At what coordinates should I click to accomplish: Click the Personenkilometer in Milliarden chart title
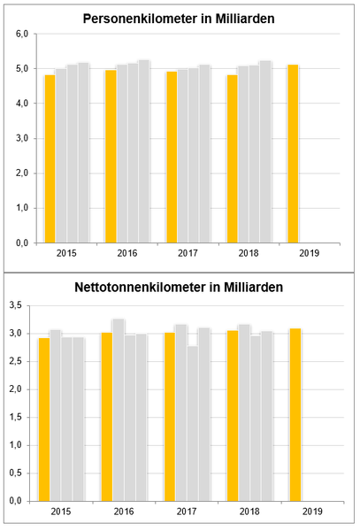coord(179,19)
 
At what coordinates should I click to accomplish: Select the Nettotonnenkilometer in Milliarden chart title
coord(179,287)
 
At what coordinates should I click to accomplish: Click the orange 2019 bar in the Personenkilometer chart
coord(293,154)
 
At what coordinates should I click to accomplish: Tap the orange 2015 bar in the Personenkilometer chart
coord(50,158)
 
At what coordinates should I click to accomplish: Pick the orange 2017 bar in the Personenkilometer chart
coord(172,158)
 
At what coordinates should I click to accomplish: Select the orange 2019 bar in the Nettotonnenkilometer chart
coord(295,415)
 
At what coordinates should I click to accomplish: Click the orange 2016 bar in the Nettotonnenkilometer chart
coord(107,417)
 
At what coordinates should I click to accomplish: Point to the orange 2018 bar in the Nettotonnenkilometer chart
coord(233,416)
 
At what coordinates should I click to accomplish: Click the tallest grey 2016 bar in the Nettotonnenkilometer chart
coord(119,410)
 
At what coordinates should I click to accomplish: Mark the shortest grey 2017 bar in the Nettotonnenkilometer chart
coord(193,424)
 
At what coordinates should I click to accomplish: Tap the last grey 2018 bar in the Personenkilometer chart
coord(265,151)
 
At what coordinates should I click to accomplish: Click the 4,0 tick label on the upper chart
coord(22,104)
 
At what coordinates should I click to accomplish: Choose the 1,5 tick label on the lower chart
coord(16,418)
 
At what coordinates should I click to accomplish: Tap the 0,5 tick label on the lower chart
coord(16,473)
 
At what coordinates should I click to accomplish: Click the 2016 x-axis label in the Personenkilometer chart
coord(127,253)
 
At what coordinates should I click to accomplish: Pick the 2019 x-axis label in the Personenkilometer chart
coord(310,253)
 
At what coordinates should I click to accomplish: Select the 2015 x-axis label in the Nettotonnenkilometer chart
coord(61,512)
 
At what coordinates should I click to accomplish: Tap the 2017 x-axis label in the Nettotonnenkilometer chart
coord(187,512)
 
